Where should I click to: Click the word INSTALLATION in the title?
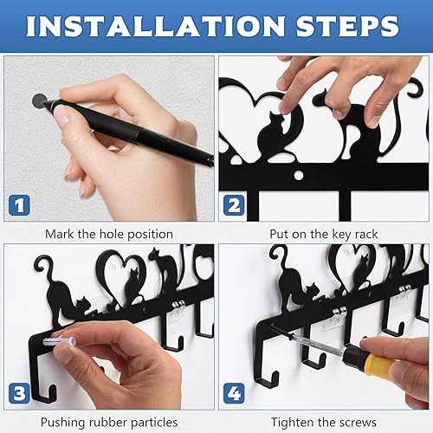(156, 26)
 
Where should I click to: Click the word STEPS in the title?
(347, 26)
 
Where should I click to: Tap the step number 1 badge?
(19, 205)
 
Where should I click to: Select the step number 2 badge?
(234, 205)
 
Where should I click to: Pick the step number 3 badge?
(19, 393)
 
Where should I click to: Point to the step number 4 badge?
(234, 393)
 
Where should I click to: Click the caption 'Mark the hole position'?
(109, 234)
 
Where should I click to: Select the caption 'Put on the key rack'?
(324, 234)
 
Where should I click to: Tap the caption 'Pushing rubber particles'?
(109, 423)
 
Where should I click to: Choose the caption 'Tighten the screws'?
(324, 423)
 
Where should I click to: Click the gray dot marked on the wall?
(39, 100)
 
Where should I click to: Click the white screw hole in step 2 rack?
(299, 175)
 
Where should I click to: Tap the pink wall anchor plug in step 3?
(60, 342)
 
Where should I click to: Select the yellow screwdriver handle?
(381, 365)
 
